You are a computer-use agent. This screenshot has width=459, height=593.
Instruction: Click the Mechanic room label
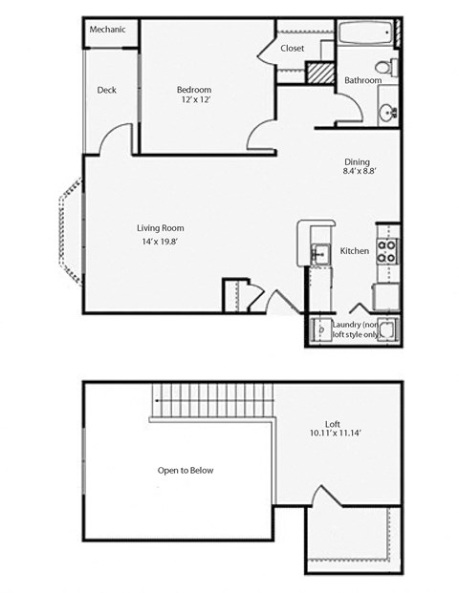(108, 30)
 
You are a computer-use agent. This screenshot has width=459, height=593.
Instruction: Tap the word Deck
(107, 91)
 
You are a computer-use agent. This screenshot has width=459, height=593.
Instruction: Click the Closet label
(293, 48)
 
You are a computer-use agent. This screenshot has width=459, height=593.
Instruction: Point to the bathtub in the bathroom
(365, 35)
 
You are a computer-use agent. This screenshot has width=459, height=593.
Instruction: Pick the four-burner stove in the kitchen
(387, 251)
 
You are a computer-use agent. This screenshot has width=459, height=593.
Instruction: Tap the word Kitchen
(355, 251)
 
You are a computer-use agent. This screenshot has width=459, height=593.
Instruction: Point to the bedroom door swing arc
(259, 140)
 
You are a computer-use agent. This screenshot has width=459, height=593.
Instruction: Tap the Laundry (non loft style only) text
(359, 329)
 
